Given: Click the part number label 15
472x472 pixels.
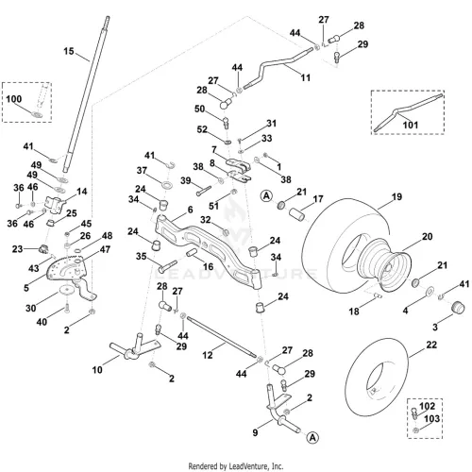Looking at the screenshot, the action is pyautogui.click(x=69, y=51).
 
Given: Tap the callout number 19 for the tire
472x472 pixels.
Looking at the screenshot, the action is pyautogui.click(x=396, y=196).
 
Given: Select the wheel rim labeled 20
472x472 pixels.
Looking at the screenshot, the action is pyautogui.click(x=385, y=266).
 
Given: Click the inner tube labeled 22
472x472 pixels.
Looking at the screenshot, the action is pyautogui.click(x=377, y=378).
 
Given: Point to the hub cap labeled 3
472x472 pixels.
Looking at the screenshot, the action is pyautogui.click(x=458, y=307).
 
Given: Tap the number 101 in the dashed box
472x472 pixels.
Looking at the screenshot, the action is pyautogui.click(x=411, y=125).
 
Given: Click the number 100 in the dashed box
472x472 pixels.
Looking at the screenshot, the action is pyautogui.click(x=14, y=99).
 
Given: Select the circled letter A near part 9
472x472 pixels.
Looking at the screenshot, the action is pyautogui.click(x=312, y=438).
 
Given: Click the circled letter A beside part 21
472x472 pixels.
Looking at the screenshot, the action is pyautogui.click(x=266, y=196).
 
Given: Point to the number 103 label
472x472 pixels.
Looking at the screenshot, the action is pyautogui.click(x=431, y=419).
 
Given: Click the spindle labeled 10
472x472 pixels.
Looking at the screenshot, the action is pyautogui.click(x=135, y=347).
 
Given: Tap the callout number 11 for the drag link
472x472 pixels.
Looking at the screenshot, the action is pyautogui.click(x=305, y=77).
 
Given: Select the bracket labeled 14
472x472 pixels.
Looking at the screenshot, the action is pyautogui.click(x=55, y=205).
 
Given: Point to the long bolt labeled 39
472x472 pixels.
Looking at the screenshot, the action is pyautogui.click(x=204, y=191).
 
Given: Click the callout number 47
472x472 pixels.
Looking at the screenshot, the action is pyautogui.click(x=105, y=249).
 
